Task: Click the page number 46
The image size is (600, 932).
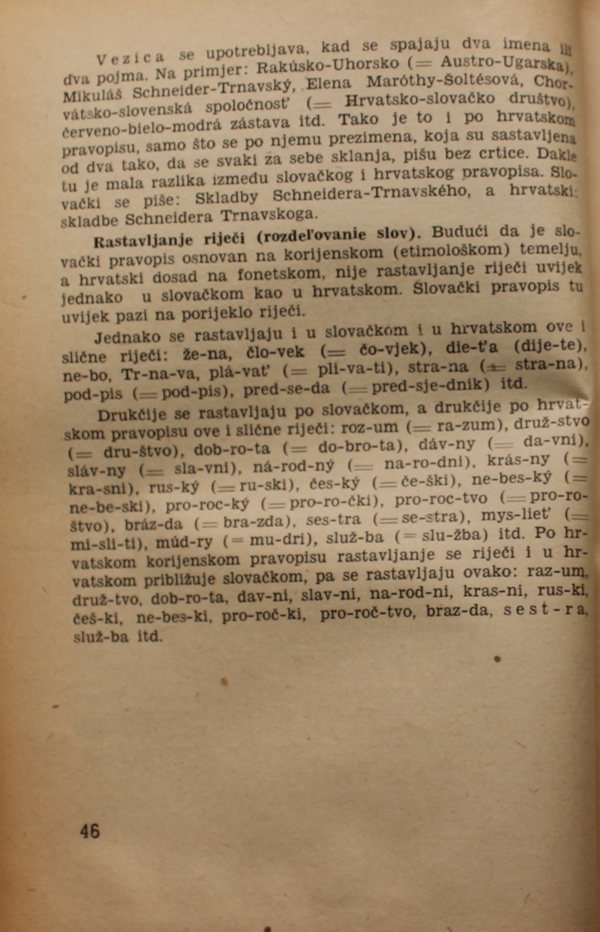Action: [90, 830]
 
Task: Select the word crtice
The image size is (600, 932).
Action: [488, 157]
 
